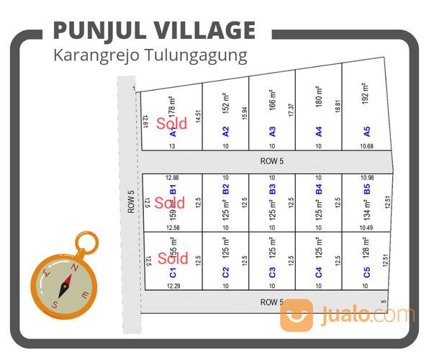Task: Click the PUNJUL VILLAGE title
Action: pyautogui.click(x=154, y=30)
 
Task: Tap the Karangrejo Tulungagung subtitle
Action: pyautogui.click(x=150, y=55)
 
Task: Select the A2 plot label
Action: pyautogui.click(x=225, y=132)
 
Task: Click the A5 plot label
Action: pyautogui.click(x=366, y=132)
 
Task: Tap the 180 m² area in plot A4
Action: pyautogui.click(x=318, y=96)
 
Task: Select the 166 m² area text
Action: pyautogui.click(x=272, y=99)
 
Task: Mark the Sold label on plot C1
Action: pyautogui.click(x=173, y=258)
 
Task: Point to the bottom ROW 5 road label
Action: pyautogui.click(x=272, y=302)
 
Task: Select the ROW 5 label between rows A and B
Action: pyautogui.click(x=272, y=162)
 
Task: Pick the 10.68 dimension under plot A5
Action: pyautogui.click(x=366, y=146)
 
